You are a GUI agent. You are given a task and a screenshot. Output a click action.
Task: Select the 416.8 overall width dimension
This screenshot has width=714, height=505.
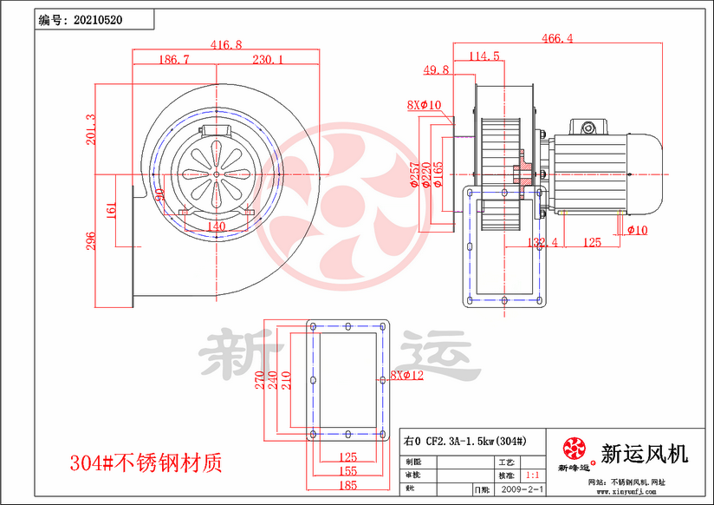point(226,44)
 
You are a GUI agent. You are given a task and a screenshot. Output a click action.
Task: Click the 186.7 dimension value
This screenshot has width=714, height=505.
point(174,60)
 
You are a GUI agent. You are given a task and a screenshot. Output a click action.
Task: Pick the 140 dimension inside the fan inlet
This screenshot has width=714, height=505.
point(217,226)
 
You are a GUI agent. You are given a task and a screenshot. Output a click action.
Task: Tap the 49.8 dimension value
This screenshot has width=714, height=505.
point(436,69)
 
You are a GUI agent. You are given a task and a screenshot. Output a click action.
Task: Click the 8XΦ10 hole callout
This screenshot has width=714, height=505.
point(424,105)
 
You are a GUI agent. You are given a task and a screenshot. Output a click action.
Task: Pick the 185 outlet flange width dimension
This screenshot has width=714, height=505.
point(347,486)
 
